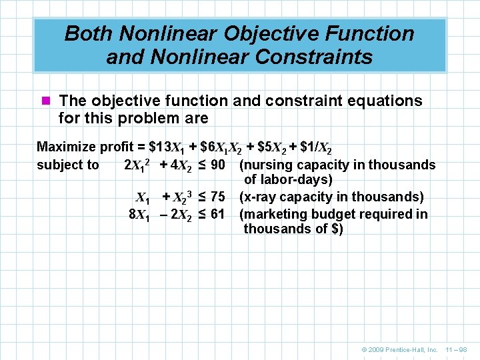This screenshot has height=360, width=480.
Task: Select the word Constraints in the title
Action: point(318,57)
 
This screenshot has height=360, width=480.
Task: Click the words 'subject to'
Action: point(67,165)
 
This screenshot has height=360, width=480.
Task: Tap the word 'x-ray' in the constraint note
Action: point(259,197)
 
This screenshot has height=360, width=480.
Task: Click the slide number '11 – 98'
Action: point(457,350)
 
